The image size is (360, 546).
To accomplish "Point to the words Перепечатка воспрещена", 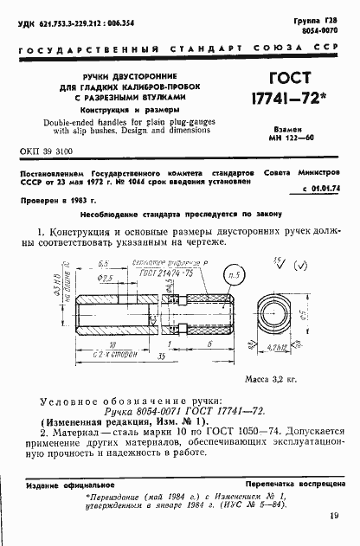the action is pos(289,486).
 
